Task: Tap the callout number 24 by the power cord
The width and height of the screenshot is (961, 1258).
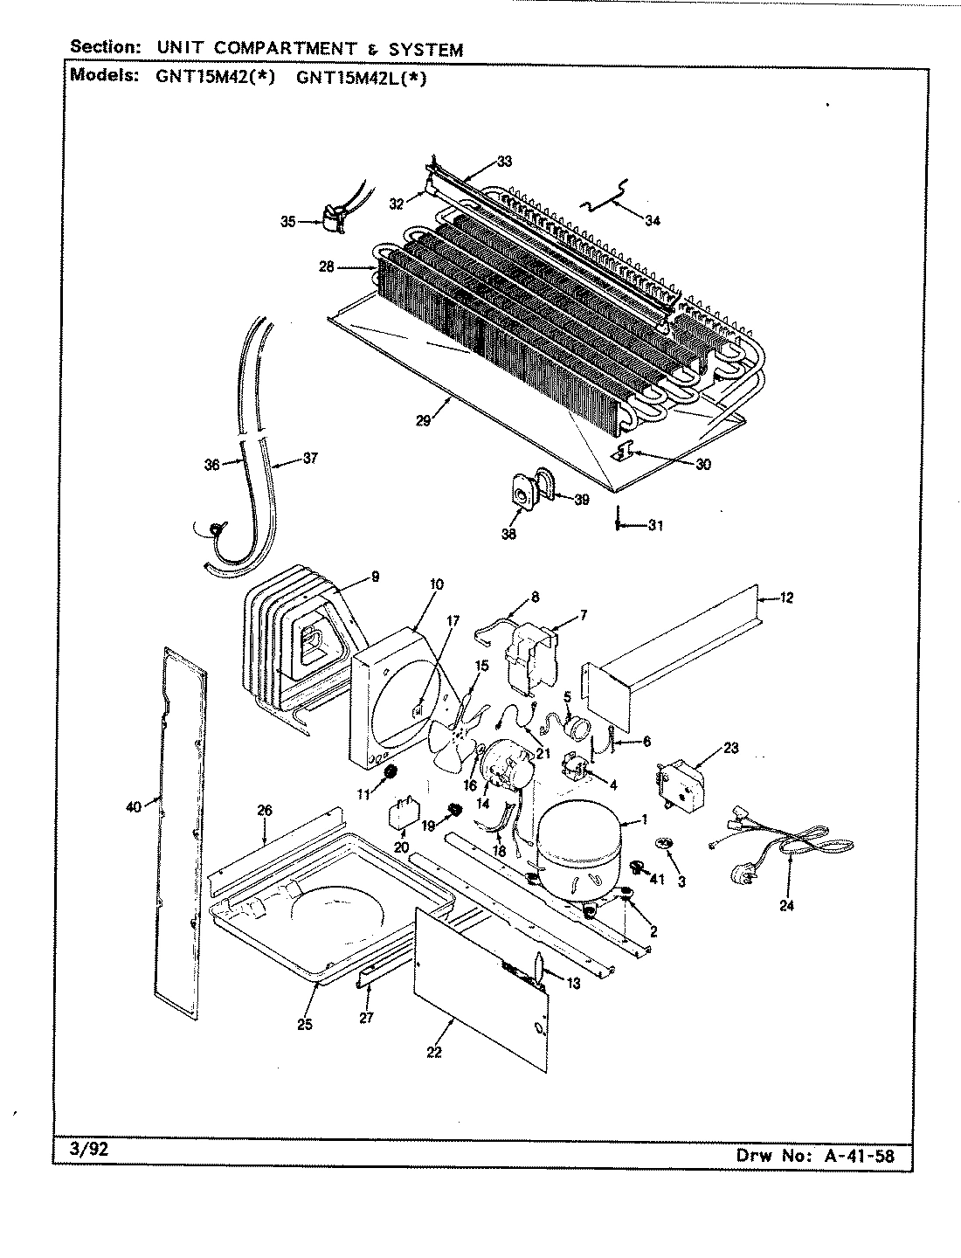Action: [788, 906]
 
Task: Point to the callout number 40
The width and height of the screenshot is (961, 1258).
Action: [133, 807]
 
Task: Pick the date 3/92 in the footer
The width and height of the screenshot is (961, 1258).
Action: [88, 1151]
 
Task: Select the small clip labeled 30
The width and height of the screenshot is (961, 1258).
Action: [624, 452]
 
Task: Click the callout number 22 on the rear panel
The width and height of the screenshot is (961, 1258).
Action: [434, 1052]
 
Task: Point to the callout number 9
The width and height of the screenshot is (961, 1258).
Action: [374, 576]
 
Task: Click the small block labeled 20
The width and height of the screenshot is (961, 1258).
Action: [403, 814]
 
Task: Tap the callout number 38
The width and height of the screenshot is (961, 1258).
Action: [508, 535]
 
